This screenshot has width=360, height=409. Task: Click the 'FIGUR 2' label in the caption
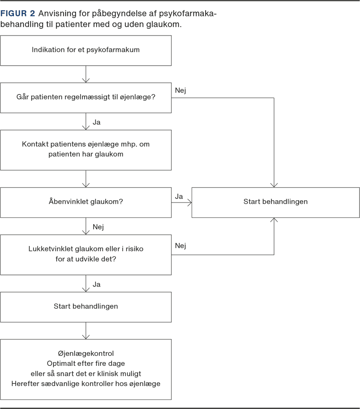(x=18, y=13)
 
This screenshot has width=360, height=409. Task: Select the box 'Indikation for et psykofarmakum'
(x=86, y=50)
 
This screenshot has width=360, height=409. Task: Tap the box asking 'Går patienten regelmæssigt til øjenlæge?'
(x=86, y=98)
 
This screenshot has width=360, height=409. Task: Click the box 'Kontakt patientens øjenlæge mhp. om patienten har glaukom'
(x=86, y=150)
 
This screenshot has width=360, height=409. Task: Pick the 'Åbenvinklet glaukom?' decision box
(x=86, y=202)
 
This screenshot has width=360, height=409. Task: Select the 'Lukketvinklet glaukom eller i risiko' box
(x=86, y=255)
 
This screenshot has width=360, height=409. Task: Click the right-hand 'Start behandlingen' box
(x=275, y=202)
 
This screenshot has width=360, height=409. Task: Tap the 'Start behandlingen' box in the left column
(x=86, y=307)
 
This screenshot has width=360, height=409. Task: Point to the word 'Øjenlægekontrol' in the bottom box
(x=86, y=354)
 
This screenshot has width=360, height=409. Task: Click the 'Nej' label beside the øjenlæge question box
(x=180, y=90)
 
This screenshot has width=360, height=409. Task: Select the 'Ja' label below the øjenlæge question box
(x=96, y=122)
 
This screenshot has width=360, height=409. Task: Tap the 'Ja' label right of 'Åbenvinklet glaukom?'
(x=179, y=197)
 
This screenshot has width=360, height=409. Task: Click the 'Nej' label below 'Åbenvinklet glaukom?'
(x=98, y=227)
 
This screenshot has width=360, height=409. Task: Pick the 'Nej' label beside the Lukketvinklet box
(x=180, y=246)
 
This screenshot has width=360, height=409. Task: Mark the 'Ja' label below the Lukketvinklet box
(x=96, y=284)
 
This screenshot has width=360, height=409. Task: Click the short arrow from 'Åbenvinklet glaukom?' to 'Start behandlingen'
(x=181, y=202)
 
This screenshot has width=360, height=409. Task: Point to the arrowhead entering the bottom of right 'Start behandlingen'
(x=274, y=220)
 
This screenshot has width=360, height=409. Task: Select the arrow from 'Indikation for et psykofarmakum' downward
(x=86, y=74)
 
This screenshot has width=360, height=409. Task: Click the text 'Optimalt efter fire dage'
(x=86, y=364)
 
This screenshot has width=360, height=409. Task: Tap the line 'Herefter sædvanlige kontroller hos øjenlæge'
(x=86, y=384)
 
